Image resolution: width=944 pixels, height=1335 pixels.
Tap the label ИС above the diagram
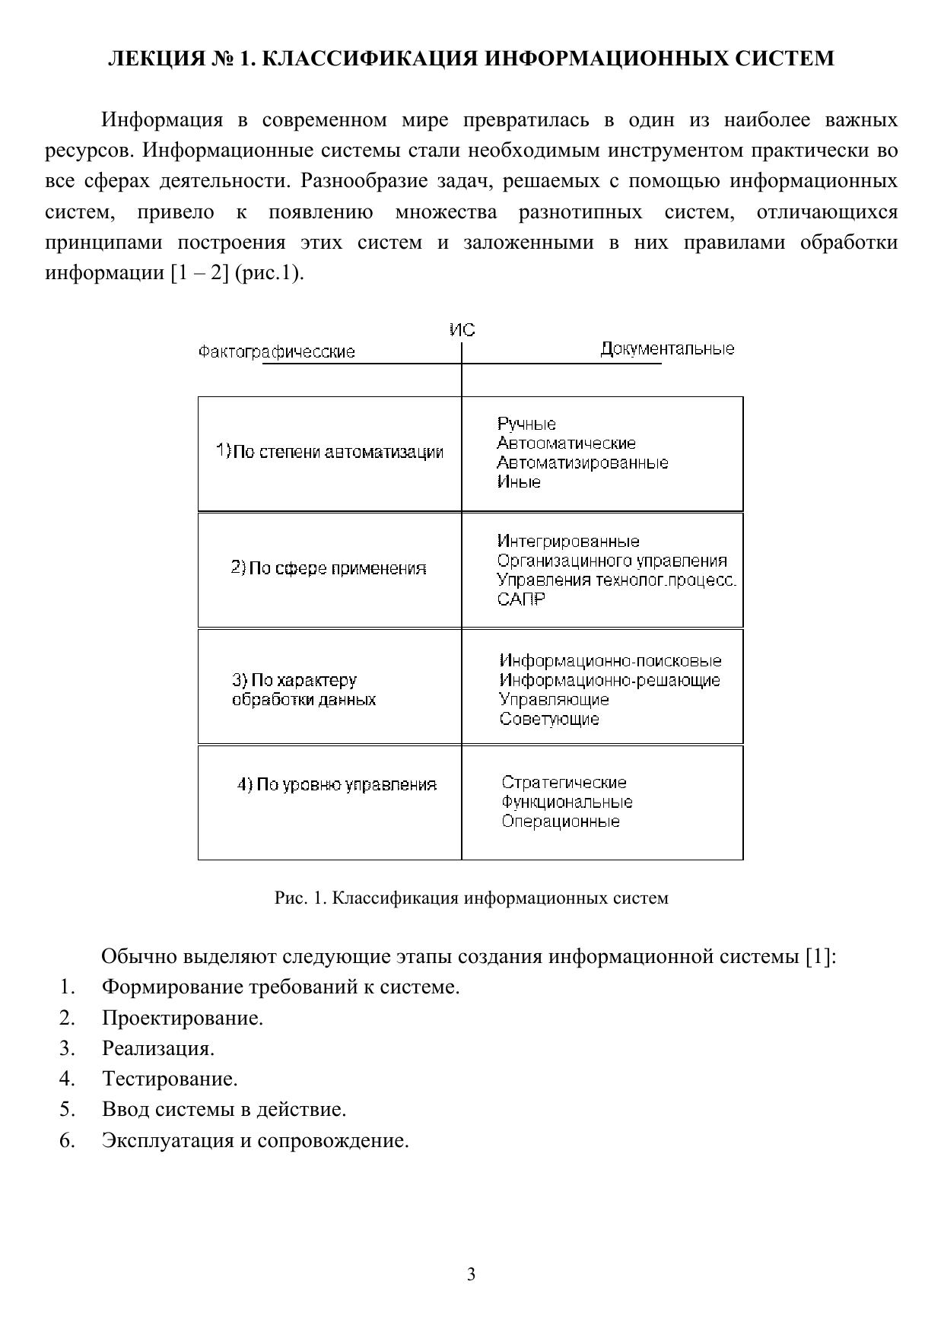[462, 330]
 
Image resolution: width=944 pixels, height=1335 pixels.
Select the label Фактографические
[276, 352]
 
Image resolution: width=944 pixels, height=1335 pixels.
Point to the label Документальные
[667, 349]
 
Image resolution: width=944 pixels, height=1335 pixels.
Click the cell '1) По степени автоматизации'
[329, 452]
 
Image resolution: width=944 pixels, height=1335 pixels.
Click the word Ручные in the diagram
[526, 424]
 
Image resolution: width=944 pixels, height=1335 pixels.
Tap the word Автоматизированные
[583, 462]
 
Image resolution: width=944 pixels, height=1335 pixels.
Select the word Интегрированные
[568, 542]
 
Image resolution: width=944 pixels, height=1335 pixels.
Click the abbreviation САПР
[521, 599]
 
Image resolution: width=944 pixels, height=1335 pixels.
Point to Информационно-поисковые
[610, 661]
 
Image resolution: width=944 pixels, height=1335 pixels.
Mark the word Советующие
[549, 719]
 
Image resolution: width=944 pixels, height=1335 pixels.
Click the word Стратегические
[564, 783]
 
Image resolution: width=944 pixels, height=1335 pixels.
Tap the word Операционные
[561, 822]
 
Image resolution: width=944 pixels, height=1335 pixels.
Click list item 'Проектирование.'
[183, 1018]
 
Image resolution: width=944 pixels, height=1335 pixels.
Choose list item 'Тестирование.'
[170, 1079]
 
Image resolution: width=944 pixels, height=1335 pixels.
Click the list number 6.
[67, 1140]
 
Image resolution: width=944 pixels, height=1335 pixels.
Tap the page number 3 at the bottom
[472, 1275]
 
